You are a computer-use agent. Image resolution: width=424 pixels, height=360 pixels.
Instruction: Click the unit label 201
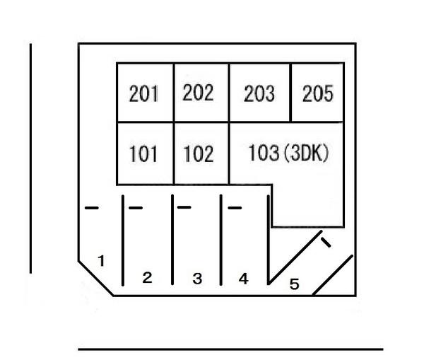(x=143, y=93)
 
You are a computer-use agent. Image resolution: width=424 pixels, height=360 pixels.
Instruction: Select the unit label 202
(x=198, y=93)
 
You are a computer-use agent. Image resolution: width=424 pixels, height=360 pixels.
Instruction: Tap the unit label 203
(x=259, y=93)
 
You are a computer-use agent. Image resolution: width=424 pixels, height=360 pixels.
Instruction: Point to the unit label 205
(x=318, y=93)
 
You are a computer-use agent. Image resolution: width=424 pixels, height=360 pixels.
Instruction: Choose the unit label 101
(x=143, y=153)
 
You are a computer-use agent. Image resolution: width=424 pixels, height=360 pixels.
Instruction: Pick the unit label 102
(x=198, y=153)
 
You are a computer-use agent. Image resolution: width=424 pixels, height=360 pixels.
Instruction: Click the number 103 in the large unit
(x=264, y=152)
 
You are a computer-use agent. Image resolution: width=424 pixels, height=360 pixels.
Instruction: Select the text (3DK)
(x=307, y=153)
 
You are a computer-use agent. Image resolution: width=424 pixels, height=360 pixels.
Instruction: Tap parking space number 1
(x=101, y=261)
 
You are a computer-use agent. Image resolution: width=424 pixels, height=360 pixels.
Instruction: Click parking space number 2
(x=148, y=278)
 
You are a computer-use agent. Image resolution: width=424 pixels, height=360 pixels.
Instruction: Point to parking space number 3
(x=197, y=279)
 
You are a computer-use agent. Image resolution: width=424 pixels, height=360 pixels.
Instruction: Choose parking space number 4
(x=243, y=279)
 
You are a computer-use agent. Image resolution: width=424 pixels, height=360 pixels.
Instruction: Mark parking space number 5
(x=295, y=284)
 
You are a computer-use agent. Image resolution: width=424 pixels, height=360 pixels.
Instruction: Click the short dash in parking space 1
(x=92, y=208)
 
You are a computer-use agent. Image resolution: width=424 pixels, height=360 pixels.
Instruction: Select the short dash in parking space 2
(x=136, y=208)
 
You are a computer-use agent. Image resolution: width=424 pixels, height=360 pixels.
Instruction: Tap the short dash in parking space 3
(x=184, y=207)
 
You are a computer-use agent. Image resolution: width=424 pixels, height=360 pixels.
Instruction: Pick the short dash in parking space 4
(x=235, y=208)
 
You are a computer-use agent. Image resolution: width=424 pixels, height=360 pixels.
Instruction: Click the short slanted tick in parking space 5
(x=326, y=243)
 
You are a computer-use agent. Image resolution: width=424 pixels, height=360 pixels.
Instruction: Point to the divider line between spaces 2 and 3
(x=172, y=240)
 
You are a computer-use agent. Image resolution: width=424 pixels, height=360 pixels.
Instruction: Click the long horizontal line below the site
(x=230, y=349)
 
